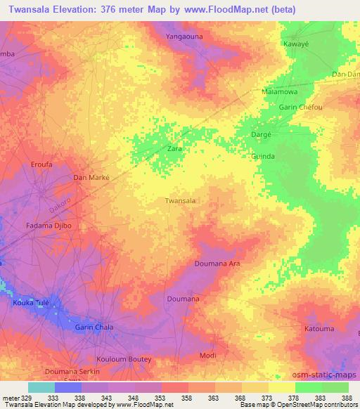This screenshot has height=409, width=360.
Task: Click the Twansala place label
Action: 179,200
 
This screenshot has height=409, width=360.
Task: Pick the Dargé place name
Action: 262,134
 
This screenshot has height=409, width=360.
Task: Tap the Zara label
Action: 174,149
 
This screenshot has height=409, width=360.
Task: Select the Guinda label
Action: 262,156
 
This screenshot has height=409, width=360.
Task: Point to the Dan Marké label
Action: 92,178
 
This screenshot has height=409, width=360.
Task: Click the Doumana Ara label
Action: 217,263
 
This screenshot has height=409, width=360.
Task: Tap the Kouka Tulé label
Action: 32,303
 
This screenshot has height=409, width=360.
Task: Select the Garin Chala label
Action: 94,327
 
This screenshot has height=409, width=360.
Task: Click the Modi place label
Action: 208,356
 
